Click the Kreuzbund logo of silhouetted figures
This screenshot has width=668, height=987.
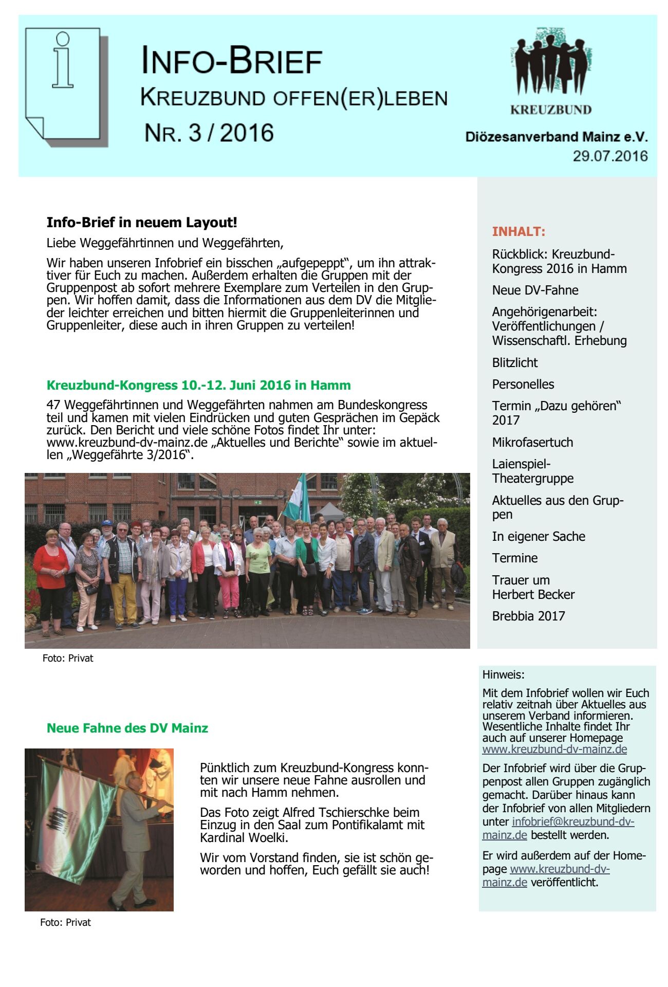(x=551, y=64)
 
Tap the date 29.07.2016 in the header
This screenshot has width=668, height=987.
(x=610, y=156)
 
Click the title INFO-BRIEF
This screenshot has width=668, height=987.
(x=232, y=61)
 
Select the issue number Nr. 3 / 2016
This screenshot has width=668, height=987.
(x=209, y=133)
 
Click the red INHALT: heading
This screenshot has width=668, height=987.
(x=518, y=231)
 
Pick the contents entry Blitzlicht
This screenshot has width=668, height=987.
(x=515, y=362)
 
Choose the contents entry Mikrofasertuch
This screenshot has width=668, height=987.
(x=532, y=442)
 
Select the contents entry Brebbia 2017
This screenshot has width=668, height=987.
(x=528, y=616)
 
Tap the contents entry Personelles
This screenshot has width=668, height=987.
(x=523, y=384)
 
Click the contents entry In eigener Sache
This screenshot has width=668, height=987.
(x=539, y=536)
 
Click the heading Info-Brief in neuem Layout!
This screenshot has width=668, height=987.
(x=142, y=223)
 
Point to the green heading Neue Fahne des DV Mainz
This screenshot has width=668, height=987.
(x=127, y=728)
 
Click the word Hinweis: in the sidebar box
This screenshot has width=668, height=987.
(x=504, y=674)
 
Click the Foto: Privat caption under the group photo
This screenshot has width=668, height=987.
(x=68, y=658)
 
